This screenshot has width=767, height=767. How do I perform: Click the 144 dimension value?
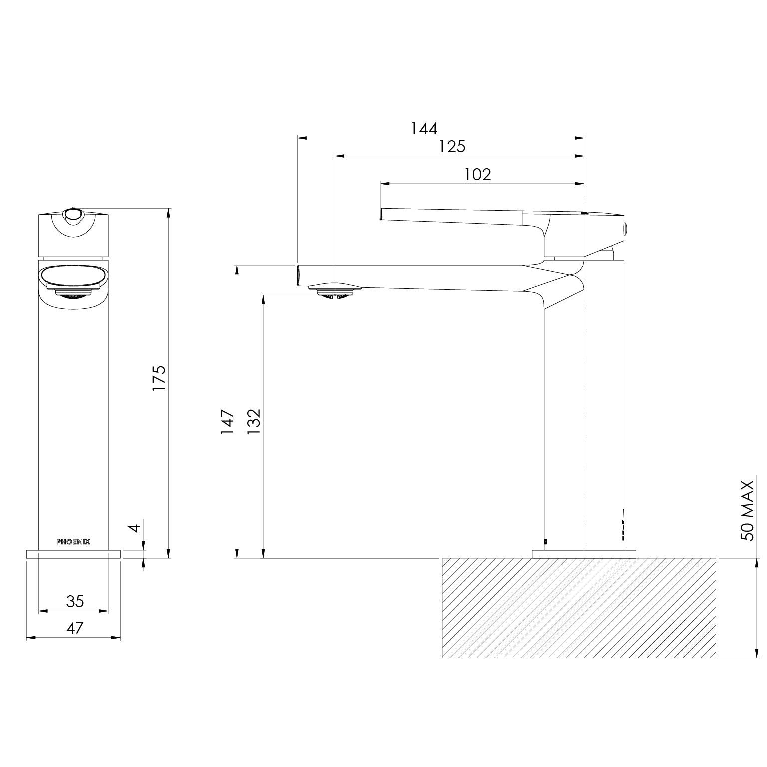pos(424,129)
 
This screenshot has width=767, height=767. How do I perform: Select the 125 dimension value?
pos(452,147)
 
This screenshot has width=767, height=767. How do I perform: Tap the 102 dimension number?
pos(477,175)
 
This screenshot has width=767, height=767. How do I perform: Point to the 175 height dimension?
pos(159,378)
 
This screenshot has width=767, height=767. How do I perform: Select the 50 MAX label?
pos(747,510)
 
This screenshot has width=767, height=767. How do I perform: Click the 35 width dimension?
pos(75,601)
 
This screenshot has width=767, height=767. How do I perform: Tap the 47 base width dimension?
pos(75,628)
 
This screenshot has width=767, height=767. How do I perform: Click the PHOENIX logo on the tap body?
pos(73,542)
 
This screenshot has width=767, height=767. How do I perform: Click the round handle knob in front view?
pos(73,215)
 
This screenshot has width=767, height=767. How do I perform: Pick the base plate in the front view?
pos(73,554)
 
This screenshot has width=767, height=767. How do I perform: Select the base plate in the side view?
pos(584,554)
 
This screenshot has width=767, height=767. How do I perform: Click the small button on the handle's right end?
pos(625,227)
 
